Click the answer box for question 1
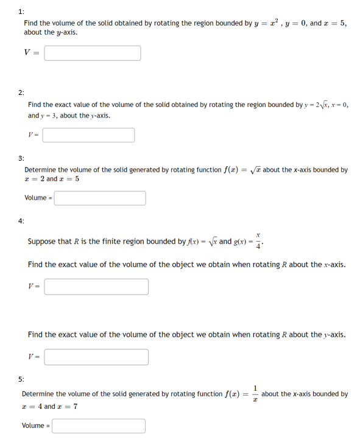coord(92,53)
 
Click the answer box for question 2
coord(88,134)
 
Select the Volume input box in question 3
coord(100,198)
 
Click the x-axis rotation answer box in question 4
coord(96,286)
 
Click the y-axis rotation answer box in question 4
coord(96,357)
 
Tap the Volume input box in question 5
coord(99,425)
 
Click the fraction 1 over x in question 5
coord(255,394)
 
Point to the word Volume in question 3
coord(36,198)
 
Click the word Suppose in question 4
coord(42,242)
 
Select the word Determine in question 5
coord(39,394)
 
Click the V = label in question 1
coord(31,53)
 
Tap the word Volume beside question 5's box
coord(34,425)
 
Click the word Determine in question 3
coord(41,170)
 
